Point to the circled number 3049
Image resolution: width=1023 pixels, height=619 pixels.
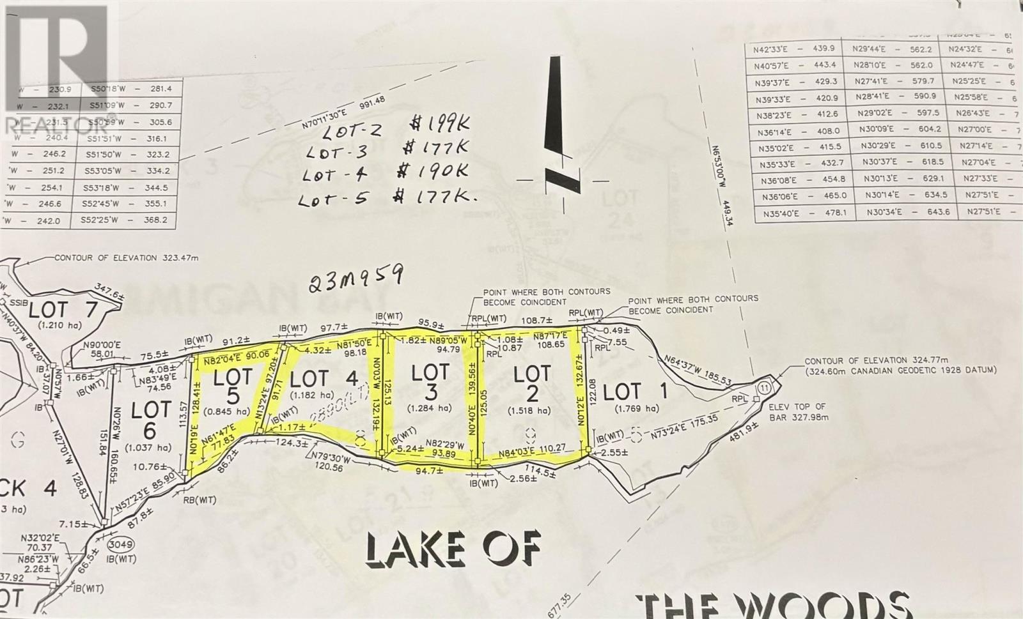coord(120,544)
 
